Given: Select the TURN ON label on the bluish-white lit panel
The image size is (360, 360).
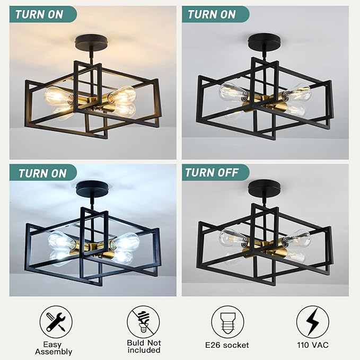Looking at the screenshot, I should (x=42, y=173).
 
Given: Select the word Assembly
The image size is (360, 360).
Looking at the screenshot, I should (x=54, y=352).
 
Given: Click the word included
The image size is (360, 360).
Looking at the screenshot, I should (x=144, y=350).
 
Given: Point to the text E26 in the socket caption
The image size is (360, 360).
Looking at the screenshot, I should (x=213, y=345).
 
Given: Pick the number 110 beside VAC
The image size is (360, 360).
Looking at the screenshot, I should (x=303, y=345).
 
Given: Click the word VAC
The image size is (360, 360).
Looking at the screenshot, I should (x=320, y=345).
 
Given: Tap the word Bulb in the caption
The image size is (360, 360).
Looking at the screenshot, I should (x=137, y=344).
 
